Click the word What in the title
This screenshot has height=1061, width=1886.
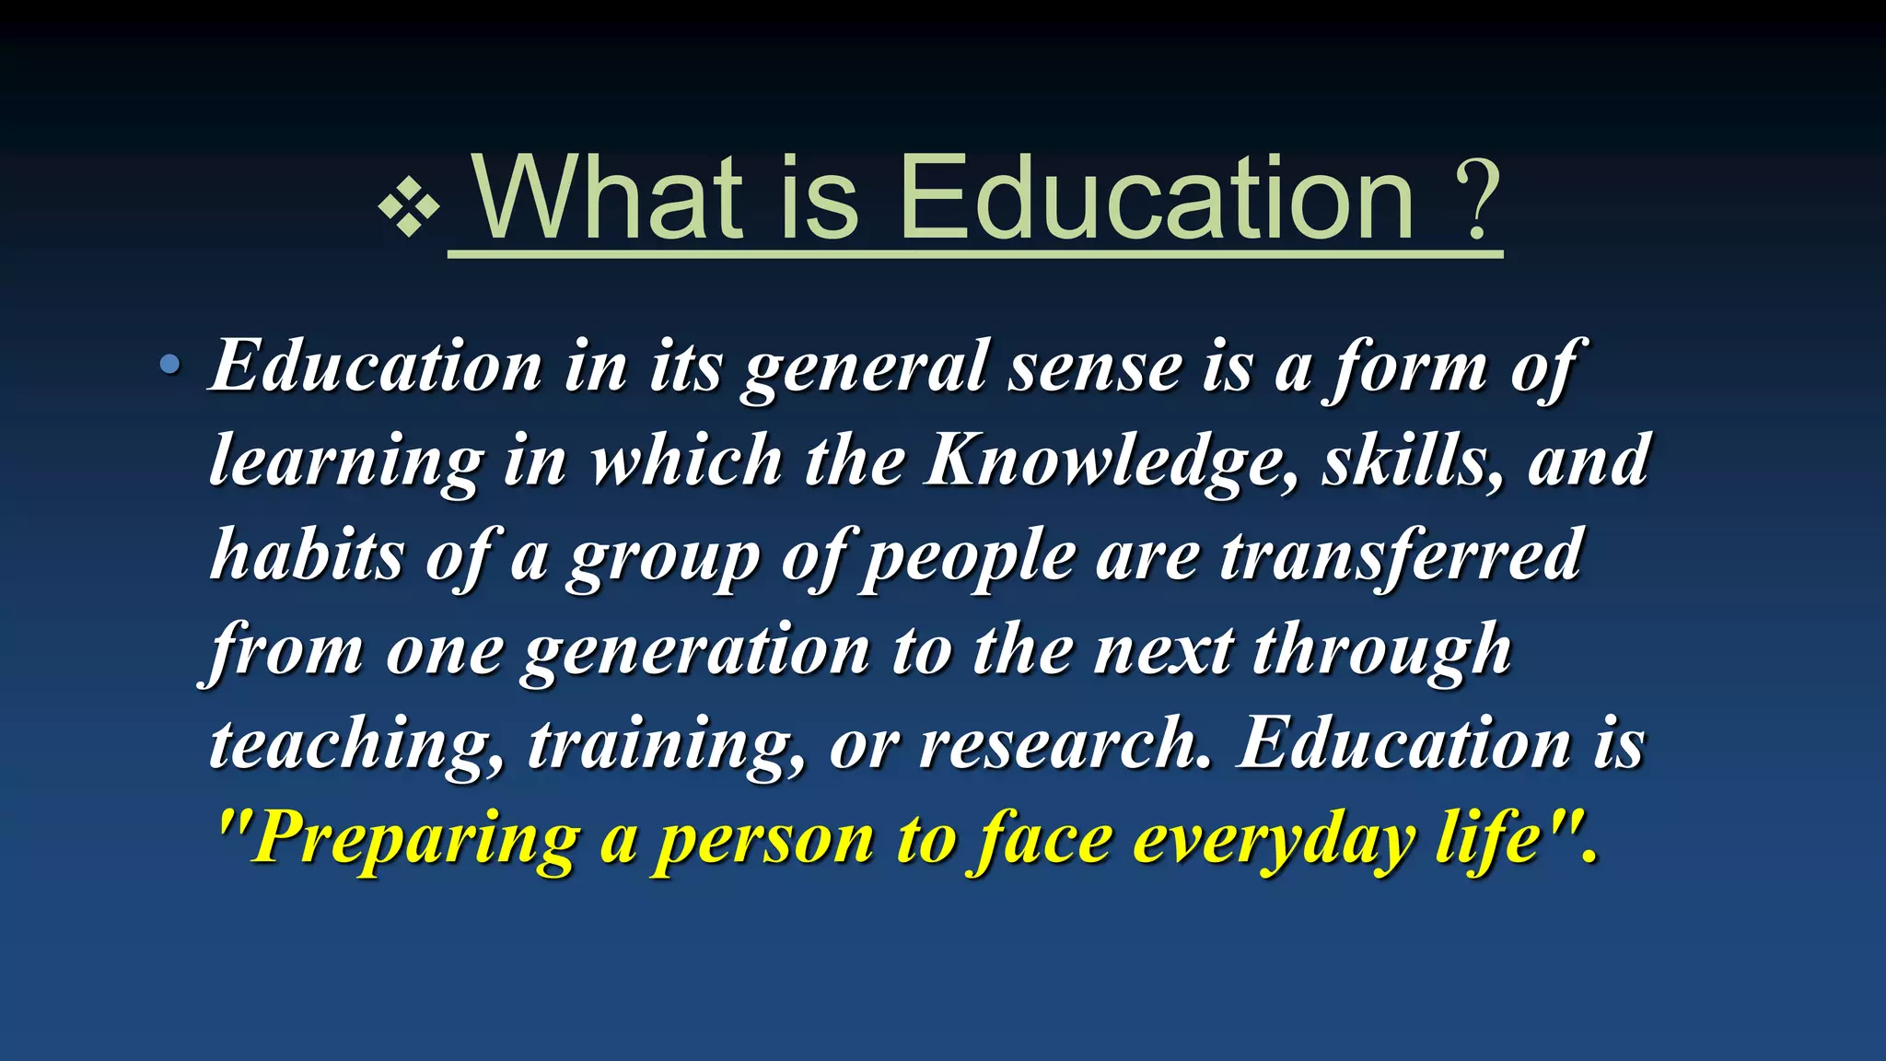608,197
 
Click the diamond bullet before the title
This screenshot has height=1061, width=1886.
409,207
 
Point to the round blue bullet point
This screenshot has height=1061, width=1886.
169,366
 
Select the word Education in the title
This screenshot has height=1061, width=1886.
1156,197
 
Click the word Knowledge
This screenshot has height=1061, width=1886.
1112,461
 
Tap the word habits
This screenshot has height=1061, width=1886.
308,554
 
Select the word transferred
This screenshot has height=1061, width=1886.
1401,554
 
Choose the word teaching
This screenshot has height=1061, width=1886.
355,744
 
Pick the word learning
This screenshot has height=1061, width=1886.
346,461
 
